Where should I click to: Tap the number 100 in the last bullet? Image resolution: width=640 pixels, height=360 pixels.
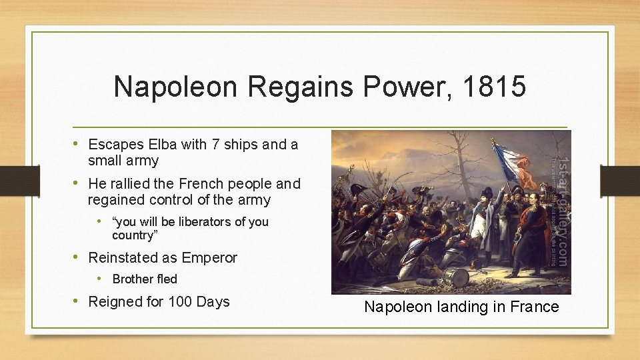180,302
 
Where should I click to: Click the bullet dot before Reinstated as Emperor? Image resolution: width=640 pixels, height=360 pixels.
77,257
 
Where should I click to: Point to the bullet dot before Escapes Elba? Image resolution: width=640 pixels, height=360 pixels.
77,144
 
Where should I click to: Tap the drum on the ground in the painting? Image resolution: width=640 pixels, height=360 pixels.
459,277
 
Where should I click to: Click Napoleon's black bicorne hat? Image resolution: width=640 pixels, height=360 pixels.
484,194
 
